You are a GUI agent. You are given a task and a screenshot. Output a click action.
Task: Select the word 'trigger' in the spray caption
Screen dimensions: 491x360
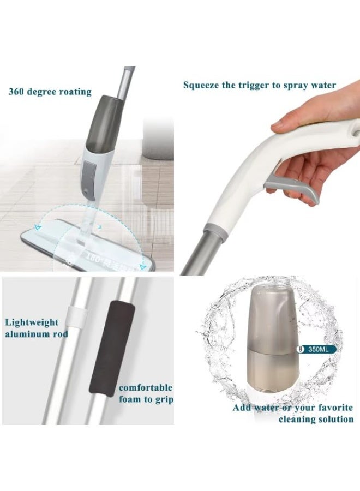(261, 85)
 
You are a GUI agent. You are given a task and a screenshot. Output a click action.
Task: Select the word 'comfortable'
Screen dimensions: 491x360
(146, 388)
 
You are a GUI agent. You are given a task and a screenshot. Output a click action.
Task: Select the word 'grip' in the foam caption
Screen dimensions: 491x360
(163, 399)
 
